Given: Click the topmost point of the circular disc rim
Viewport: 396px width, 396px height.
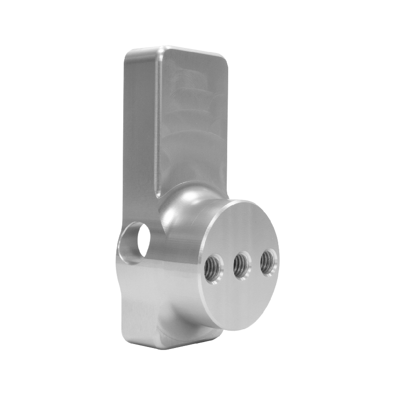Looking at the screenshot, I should coord(247,200).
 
